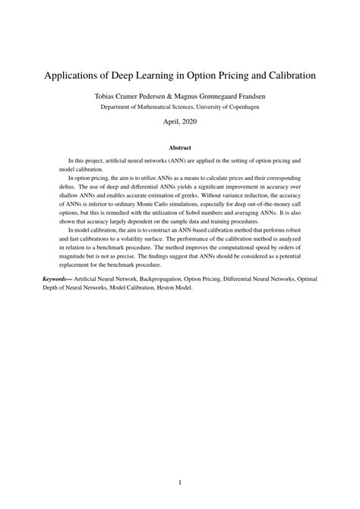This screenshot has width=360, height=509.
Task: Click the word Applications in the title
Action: coord(74,77)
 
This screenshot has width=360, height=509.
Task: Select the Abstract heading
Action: coord(180,147)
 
